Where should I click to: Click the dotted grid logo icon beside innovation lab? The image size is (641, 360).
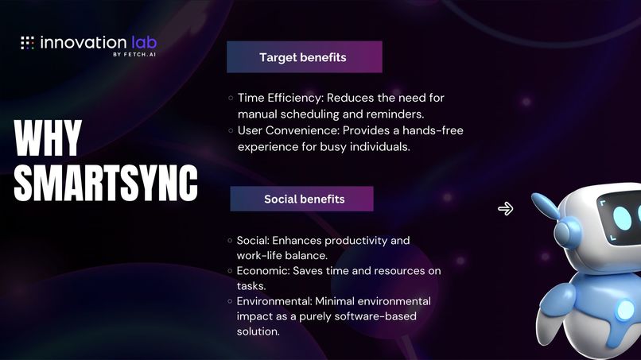pos(27,43)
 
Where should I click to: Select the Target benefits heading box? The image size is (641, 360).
pos(304,57)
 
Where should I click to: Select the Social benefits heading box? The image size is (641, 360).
pos(302,199)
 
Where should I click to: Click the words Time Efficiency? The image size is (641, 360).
pos(274,98)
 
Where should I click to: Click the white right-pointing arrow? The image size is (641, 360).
pos(505,209)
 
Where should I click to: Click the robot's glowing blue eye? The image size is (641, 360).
pos(623,216)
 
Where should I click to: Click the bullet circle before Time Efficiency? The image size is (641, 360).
pos(231,98)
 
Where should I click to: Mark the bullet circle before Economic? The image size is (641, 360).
pos(231,271)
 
